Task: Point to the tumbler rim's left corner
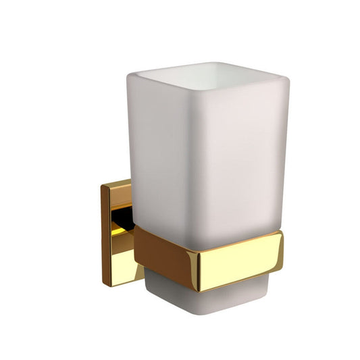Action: pyautogui.click(x=127, y=76)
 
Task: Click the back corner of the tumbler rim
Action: pyautogui.click(x=223, y=64)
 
